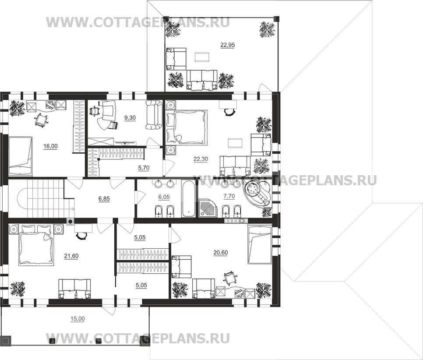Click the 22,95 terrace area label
click(227, 44)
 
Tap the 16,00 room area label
click(50, 146)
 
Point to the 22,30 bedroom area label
click(201, 159)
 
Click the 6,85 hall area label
click(104, 198)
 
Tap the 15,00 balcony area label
click(78, 319)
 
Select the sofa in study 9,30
click(153, 115)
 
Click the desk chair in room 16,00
click(40, 120)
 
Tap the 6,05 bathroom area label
click(164, 197)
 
